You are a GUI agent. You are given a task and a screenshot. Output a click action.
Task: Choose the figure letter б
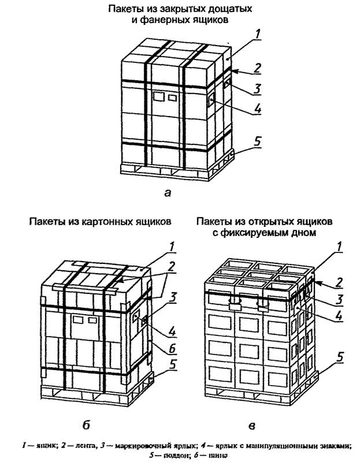tap(86, 426)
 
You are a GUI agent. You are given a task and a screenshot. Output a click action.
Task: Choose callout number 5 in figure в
tap(341, 357)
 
